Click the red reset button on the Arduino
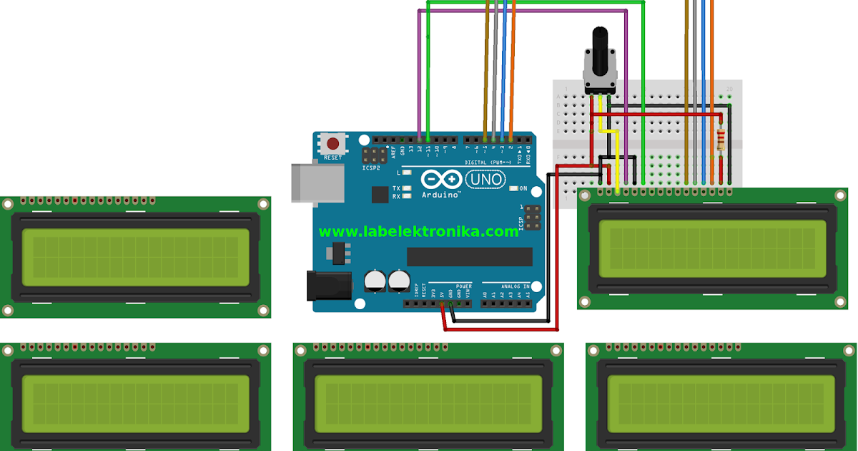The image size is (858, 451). click(332, 142)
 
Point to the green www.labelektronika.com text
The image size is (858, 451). click(419, 231)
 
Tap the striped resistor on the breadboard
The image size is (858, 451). click(720, 137)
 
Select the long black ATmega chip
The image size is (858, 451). click(470, 256)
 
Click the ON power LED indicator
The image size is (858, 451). click(514, 189)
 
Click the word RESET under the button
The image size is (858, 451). click(332, 157)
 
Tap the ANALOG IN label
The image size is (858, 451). click(515, 286)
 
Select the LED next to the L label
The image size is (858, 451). click(407, 173)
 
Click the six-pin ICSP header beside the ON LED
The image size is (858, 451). click(531, 217)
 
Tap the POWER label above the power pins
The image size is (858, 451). click(463, 286)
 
